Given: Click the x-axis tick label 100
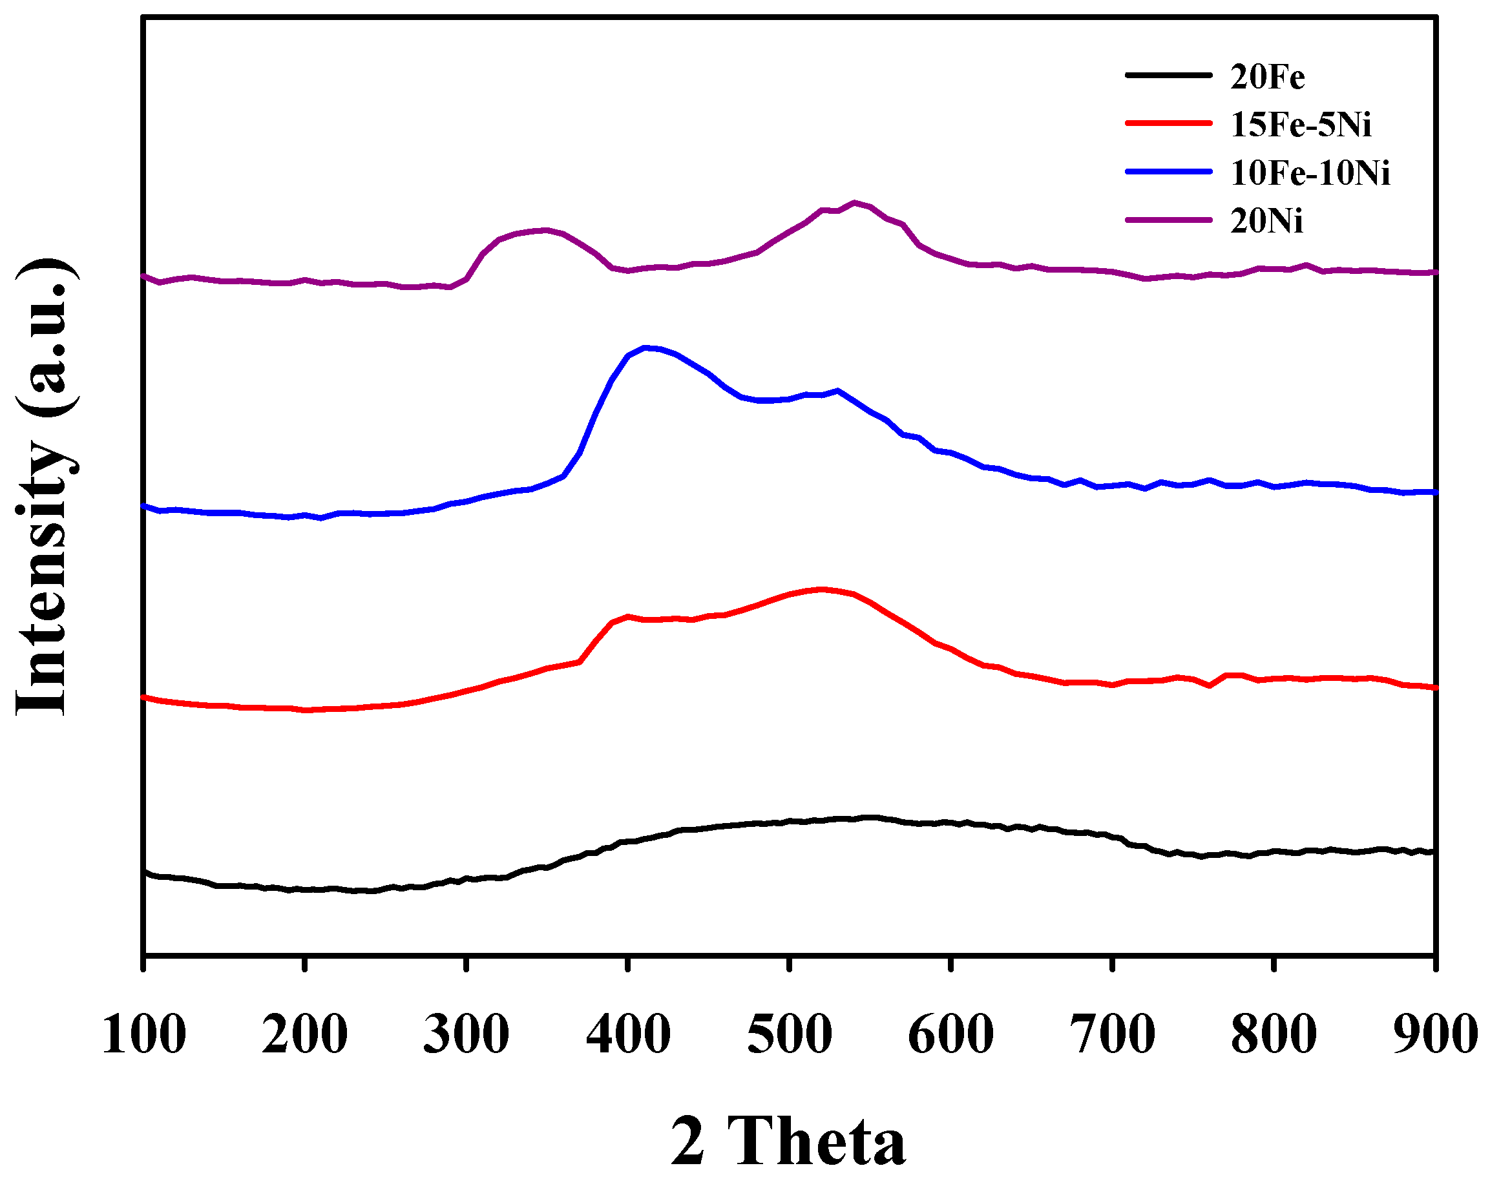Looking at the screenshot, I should [x=143, y=1035].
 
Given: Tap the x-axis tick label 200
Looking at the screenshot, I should [x=304, y=1035].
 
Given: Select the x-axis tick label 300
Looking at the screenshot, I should [x=466, y=1035].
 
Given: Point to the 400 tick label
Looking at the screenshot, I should [x=627, y=1035].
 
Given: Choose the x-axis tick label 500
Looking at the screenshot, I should [x=789, y=1035].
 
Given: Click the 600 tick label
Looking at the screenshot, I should [x=950, y=1035].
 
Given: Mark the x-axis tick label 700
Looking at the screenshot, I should [x=1112, y=1035].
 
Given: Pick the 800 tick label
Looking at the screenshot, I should [x=1274, y=1035].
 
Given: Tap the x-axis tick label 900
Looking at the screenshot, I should [x=1435, y=1035].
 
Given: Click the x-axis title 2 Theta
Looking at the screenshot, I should [x=788, y=1141].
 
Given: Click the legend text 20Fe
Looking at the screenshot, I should [x=1267, y=76].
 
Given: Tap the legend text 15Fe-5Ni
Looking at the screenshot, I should [x=1301, y=124].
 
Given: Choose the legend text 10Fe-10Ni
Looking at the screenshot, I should [x=1310, y=172].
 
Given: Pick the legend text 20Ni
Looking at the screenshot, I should [x=1266, y=221].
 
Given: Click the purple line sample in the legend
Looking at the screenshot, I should [x=1168, y=220].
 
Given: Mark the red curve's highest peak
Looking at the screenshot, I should [x=822, y=589].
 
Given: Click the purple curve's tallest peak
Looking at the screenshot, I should [x=855, y=203].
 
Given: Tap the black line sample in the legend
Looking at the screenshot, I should [x=1168, y=75].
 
